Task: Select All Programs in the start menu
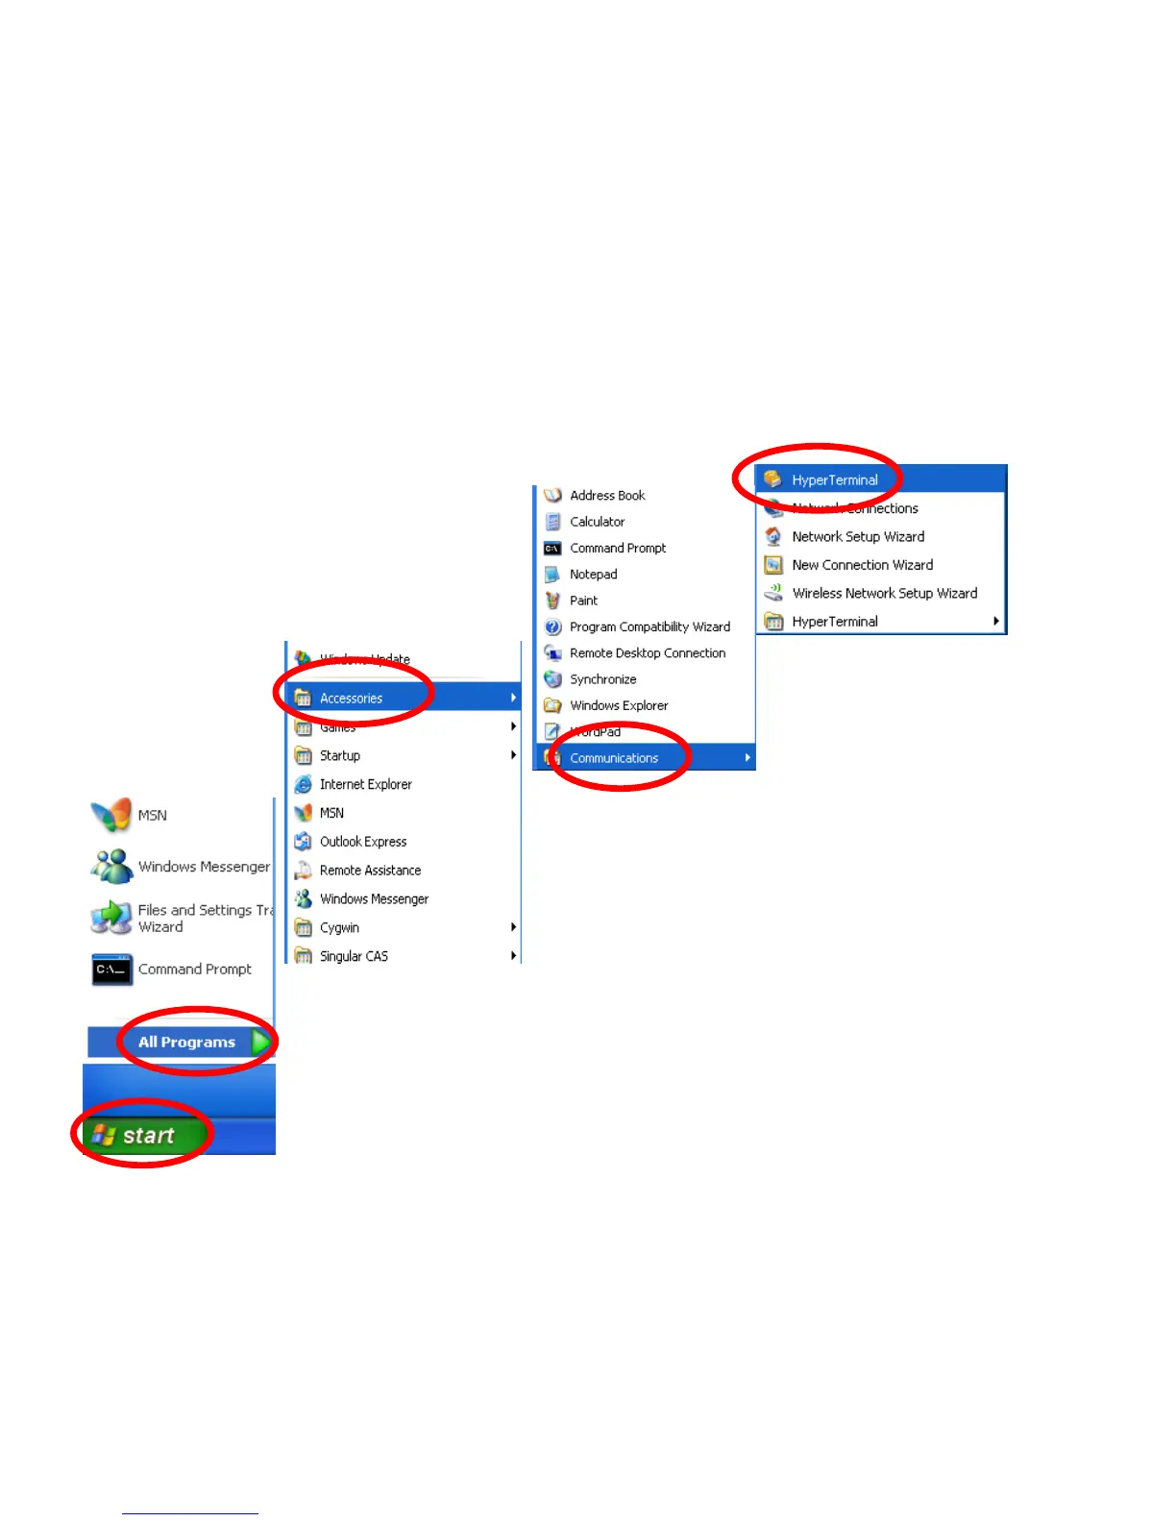pos(186,1043)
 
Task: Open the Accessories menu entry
pos(352,699)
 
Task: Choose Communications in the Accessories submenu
pos(614,758)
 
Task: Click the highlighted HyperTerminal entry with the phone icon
pos(834,480)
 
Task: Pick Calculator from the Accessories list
pos(597,522)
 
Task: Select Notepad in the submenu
pos(593,575)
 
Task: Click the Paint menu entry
pos(583,601)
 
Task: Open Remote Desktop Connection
pos(647,653)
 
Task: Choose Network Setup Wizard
pos(857,537)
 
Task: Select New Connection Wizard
pos(862,565)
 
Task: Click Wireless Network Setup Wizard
pos(884,594)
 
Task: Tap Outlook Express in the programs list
pos(362,842)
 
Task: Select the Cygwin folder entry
pos(339,928)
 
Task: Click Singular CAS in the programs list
pos(354,957)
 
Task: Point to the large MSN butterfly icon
pos(111,815)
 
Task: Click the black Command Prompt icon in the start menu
pos(111,970)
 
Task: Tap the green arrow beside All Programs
pos(259,1043)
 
